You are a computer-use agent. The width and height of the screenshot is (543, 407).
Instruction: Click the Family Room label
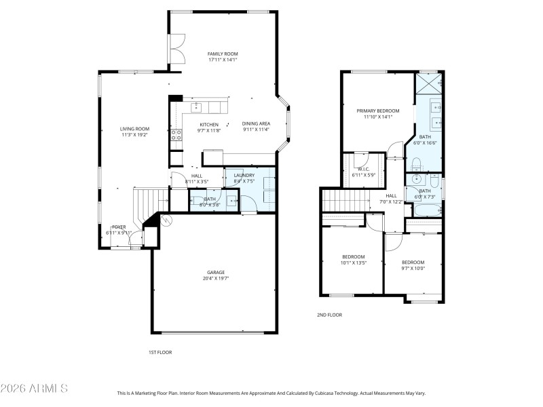(223, 54)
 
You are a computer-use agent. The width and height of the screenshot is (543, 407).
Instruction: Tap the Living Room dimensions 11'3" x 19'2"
(134, 135)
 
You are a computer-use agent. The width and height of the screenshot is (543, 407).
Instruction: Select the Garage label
(216, 273)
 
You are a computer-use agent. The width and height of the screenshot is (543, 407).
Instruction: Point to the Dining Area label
(255, 124)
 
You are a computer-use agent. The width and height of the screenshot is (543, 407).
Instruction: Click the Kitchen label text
(209, 124)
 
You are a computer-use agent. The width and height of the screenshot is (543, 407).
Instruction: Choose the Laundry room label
(244, 176)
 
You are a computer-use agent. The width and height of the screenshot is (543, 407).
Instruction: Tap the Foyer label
(119, 227)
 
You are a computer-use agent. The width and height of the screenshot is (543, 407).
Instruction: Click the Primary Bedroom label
(378, 111)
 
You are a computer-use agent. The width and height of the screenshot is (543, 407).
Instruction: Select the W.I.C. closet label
(363, 170)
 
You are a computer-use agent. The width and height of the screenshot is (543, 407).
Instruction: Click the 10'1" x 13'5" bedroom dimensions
(354, 263)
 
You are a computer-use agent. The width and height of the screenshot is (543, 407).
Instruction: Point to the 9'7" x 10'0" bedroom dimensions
(413, 268)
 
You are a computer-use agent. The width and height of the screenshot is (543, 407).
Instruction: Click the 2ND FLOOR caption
(329, 315)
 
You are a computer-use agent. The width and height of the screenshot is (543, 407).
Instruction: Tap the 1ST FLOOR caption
(160, 352)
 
